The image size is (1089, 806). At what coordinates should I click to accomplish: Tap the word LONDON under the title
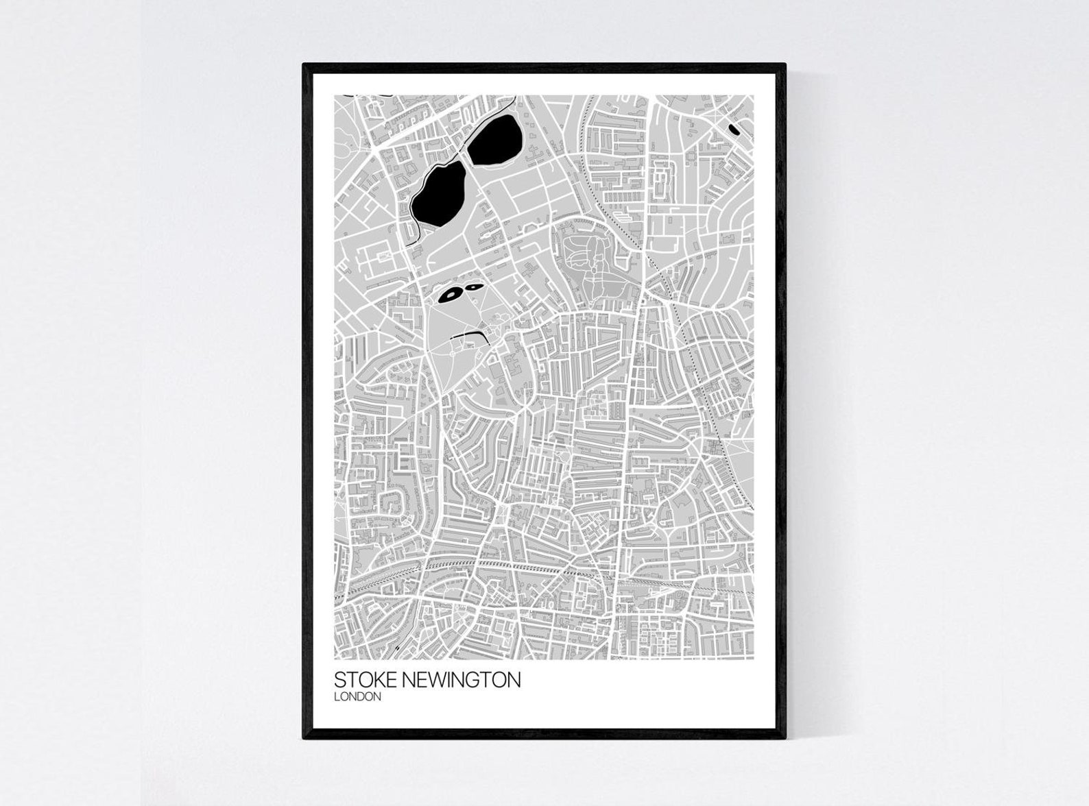(x=357, y=697)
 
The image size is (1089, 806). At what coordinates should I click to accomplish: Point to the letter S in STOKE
(x=340, y=680)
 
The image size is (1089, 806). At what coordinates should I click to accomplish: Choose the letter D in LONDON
(x=364, y=697)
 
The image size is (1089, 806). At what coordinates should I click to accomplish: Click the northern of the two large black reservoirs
(x=495, y=139)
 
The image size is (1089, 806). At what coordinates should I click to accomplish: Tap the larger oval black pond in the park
(x=451, y=295)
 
